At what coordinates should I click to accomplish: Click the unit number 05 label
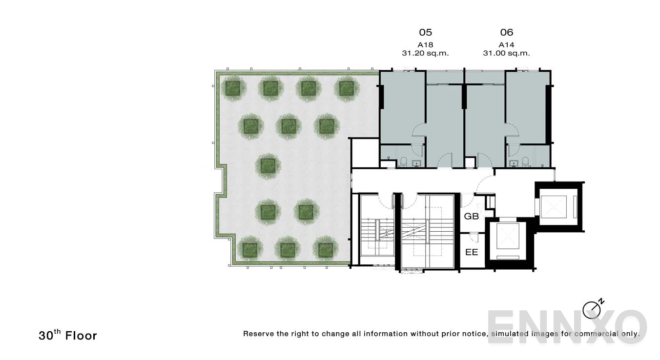425,32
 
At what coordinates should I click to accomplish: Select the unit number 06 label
507,32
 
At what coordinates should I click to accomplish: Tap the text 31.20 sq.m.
425,53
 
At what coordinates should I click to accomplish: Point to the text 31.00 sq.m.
507,53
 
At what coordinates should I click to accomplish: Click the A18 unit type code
425,44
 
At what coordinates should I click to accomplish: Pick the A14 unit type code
507,44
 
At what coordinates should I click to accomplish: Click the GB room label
471,216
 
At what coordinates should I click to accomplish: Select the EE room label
471,252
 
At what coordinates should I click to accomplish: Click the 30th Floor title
68,335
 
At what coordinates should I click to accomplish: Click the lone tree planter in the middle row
268,166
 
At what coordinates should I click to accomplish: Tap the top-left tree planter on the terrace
233,88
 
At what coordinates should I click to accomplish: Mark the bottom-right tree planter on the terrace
325,250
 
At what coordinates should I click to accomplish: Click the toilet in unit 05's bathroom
404,161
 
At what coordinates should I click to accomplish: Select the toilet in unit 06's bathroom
525,161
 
